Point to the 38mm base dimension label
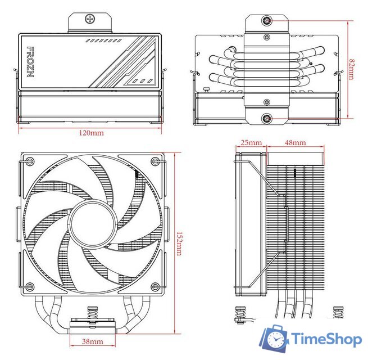[x=93, y=341]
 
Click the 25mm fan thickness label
[x=251, y=143]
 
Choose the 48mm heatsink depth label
[x=296, y=143]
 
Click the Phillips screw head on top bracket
[x=90, y=19]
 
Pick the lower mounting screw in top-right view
[x=267, y=119]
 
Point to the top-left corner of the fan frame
[x=26, y=160]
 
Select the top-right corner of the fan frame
[x=159, y=160]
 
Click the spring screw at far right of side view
[x=338, y=313]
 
